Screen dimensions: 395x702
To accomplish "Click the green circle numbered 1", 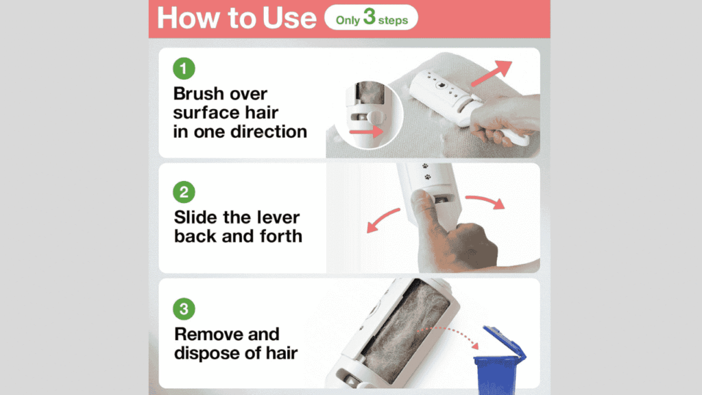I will coord(184,69).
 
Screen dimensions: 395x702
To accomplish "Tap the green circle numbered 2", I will coord(184,192).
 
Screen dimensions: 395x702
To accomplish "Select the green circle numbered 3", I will coord(184,309).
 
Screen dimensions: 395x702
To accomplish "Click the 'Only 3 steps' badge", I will coord(372,19).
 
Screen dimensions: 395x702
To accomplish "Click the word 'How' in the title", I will coord(186,19).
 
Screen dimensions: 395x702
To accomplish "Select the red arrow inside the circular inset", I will coord(367,131).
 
